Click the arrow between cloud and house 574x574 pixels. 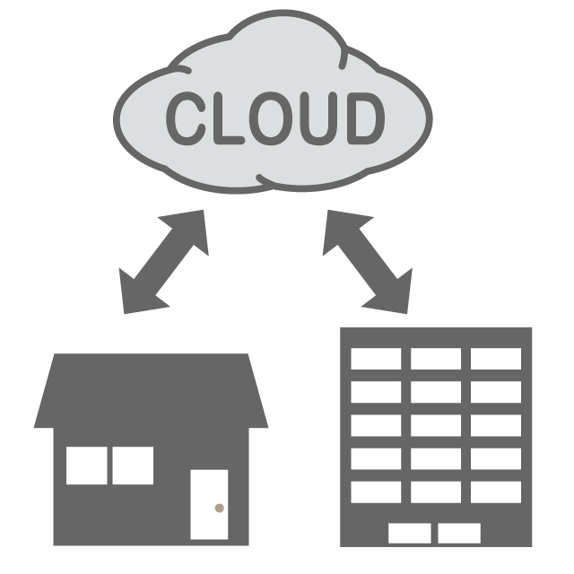click(163, 262)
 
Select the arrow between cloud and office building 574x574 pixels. click(369, 261)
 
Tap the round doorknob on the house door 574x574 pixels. click(218, 508)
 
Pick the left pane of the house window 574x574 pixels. click(87, 465)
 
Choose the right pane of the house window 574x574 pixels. click(131, 465)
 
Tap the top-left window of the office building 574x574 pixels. click(376, 360)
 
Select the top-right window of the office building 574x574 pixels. click(496, 360)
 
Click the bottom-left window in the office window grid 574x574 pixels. click(376, 491)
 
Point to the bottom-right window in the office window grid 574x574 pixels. click(496, 491)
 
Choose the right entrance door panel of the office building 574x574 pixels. click(459, 534)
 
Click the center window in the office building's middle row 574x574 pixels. click(436, 425)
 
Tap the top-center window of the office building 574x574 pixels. click(436, 360)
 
